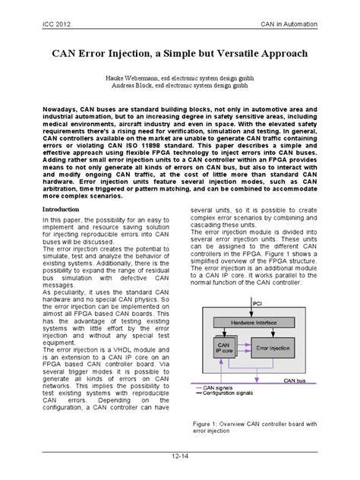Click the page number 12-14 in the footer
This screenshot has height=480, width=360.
180,456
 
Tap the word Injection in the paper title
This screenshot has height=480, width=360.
128,54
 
